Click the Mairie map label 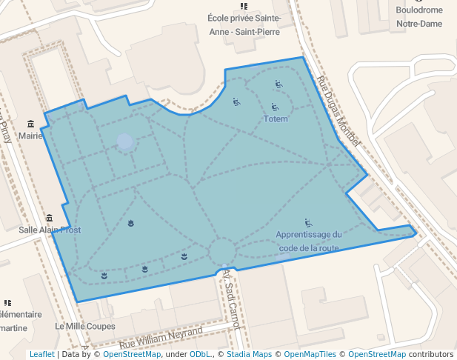coord(30,136)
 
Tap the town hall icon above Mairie coord(30,124)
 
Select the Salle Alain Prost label coord(50,230)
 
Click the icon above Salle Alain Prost coord(50,218)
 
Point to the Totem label coord(276,119)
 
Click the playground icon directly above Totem coord(275,107)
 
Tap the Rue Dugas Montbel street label coord(338,111)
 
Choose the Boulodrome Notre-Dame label coord(418,17)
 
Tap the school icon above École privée coord(244,6)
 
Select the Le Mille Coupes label coord(85,326)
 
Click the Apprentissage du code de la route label coord(307,241)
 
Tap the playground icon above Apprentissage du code coord(308,222)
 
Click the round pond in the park coord(125,141)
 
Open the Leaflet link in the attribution coord(42,354)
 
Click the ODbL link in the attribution coord(200,354)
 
